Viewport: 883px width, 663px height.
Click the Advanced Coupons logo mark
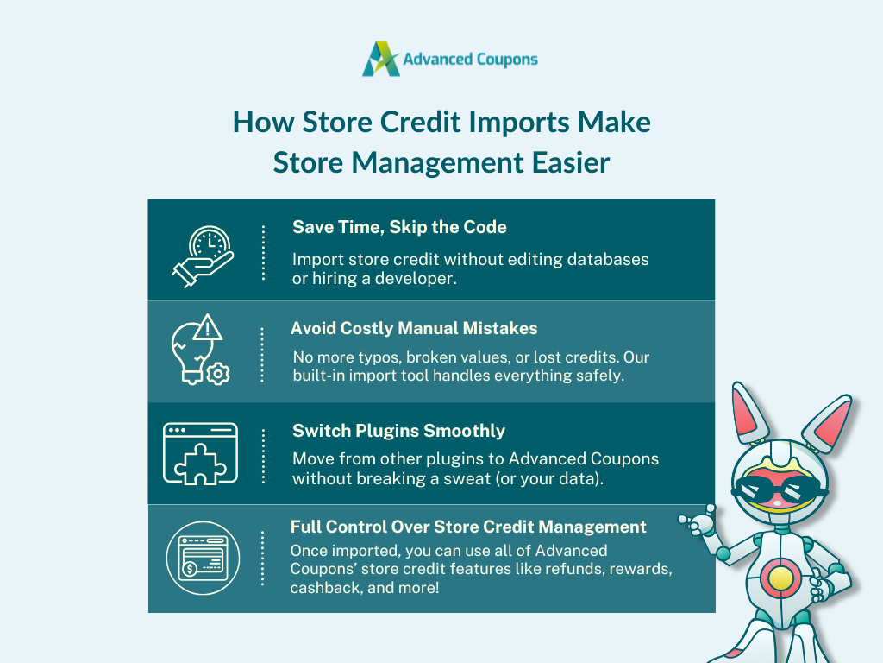pos(381,59)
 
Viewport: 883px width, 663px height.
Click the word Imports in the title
pos(519,123)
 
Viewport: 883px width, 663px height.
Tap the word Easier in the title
pos(571,162)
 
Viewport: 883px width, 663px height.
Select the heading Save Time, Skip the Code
pos(399,227)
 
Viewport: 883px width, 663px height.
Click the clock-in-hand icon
pos(203,257)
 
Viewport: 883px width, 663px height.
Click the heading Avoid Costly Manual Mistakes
pos(414,328)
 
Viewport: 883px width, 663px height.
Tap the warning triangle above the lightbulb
pos(208,327)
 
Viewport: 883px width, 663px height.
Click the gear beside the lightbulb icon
pos(218,374)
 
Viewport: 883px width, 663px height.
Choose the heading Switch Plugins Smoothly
pos(398,431)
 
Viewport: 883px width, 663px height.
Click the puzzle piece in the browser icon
pos(200,464)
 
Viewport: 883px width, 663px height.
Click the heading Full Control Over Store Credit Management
pos(468,527)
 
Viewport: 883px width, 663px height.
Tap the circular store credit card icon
pos(203,559)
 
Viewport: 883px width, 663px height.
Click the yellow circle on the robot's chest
pos(780,578)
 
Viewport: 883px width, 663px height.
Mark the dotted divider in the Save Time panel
pos(263,253)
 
